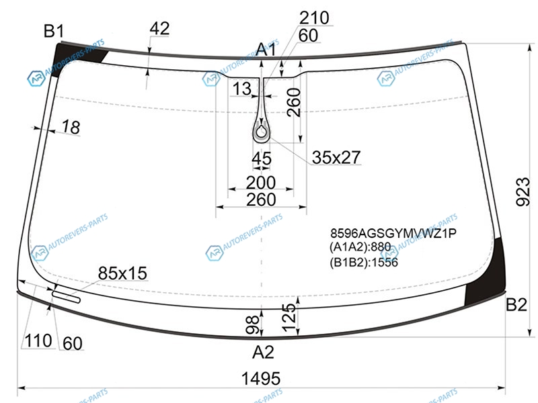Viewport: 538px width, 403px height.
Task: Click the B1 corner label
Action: (54, 31)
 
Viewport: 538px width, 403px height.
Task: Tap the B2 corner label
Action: (516, 304)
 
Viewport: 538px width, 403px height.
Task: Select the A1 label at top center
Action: (266, 50)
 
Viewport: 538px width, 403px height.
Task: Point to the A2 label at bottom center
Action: (263, 352)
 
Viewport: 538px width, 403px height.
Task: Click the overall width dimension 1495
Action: (261, 379)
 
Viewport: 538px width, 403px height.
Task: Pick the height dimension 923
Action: (523, 191)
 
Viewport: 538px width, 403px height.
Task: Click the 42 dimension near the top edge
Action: (159, 28)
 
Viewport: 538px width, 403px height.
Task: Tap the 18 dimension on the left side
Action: (71, 127)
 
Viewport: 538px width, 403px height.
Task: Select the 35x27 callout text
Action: (336, 157)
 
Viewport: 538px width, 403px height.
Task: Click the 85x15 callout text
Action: (122, 273)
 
